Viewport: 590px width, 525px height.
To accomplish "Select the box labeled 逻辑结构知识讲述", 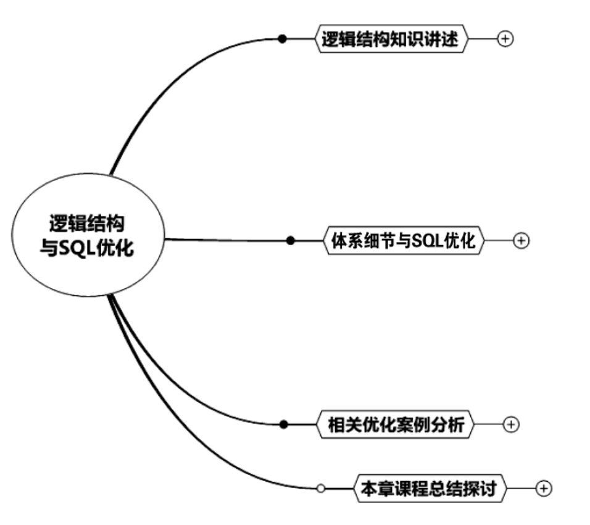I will (390, 40).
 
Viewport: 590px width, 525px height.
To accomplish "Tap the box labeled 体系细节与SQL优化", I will (404, 241).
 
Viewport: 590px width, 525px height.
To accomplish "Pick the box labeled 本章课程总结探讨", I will (430, 489).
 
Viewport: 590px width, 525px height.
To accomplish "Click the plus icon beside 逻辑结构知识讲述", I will (505, 39).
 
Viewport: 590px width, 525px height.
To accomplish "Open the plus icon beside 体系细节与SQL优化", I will (521, 241).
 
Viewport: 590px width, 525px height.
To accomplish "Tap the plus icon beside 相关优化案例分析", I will (512, 424).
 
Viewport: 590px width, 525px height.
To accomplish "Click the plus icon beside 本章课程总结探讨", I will (543, 489).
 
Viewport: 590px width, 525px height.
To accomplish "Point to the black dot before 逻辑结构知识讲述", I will (282, 39).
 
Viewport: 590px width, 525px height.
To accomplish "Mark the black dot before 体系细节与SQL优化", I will (291, 240).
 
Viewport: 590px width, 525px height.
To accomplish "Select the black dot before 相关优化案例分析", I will (284, 424).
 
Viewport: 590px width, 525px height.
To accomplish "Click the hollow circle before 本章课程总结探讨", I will (320, 489).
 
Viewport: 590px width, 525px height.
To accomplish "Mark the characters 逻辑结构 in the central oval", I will (91, 223).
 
